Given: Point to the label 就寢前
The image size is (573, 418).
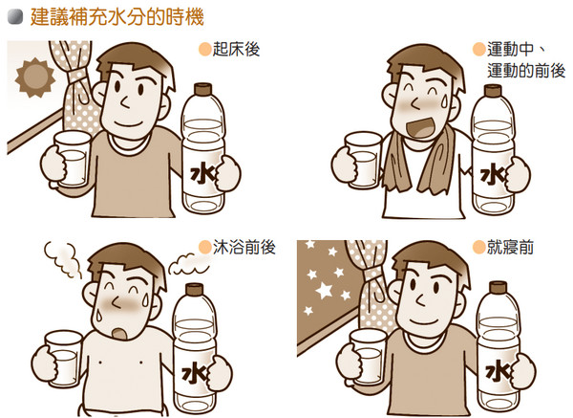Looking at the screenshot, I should pos(507,247).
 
